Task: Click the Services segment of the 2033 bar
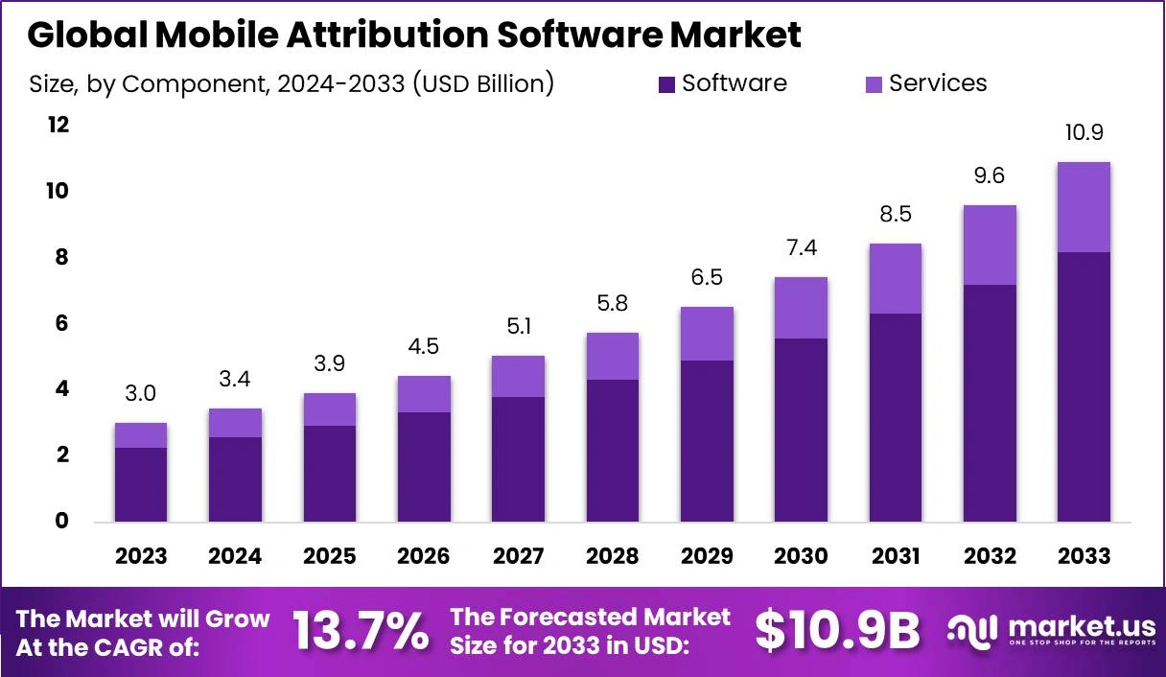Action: coord(1084,207)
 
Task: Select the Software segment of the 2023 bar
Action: coord(141,484)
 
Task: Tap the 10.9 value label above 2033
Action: coord(1084,132)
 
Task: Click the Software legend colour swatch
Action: coord(667,84)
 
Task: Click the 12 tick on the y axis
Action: coord(59,126)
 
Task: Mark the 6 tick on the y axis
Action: coord(61,323)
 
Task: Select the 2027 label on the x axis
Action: coord(518,556)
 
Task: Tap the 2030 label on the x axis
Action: coord(801,556)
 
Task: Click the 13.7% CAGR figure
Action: coord(360,631)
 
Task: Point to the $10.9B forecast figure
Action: coord(836,631)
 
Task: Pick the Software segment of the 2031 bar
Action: coord(895,417)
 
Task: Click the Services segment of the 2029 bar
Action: coord(707,334)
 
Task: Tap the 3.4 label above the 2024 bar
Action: coord(236,381)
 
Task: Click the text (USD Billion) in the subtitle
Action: coord(483,84)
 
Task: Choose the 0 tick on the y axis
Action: coord(61,522)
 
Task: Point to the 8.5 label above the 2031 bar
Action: coord(895,215)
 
